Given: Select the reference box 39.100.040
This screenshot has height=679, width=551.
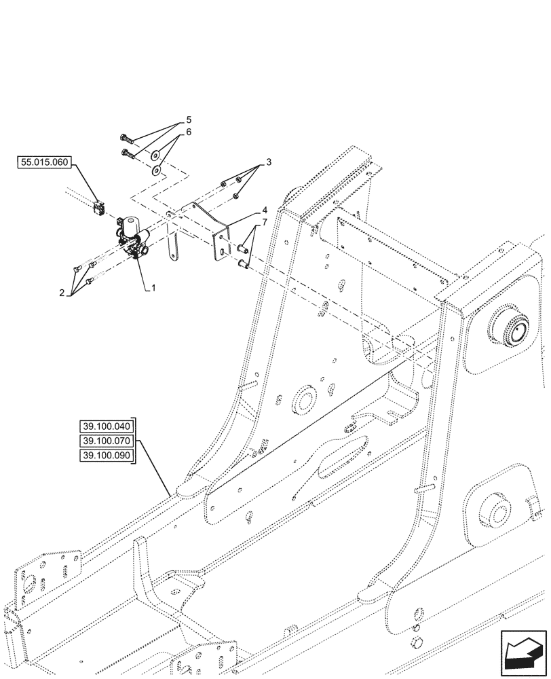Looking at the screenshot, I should [108, 426].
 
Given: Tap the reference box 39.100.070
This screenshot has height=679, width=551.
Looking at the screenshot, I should [108, 441].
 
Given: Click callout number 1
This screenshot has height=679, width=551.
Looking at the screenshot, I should [153, 289].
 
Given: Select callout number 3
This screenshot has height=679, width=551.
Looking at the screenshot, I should [269, 162].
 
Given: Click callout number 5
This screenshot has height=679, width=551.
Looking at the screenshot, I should [189, 120].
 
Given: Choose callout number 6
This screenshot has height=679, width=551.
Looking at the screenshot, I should [189, 132].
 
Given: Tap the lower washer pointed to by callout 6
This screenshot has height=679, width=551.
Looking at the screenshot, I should [157, 169].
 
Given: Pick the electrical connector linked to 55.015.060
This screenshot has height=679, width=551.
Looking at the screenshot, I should [100, 206].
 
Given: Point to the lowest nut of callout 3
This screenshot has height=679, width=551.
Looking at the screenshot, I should [235, 196].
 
